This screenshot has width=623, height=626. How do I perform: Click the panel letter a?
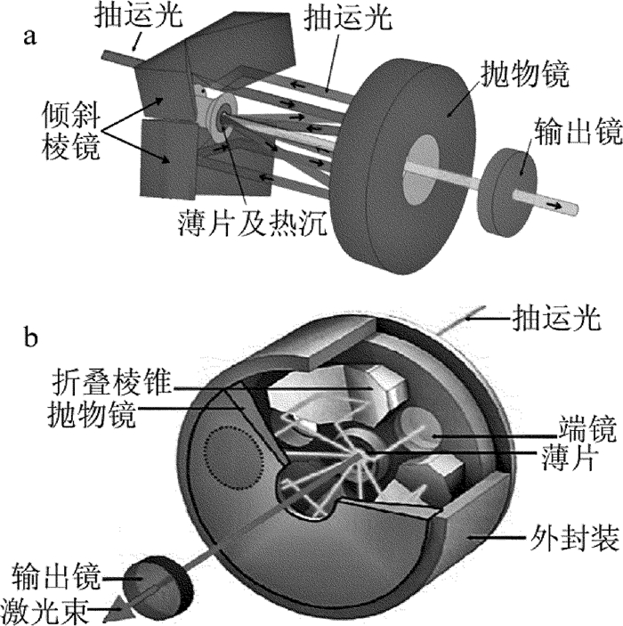[x=33, y=38]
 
